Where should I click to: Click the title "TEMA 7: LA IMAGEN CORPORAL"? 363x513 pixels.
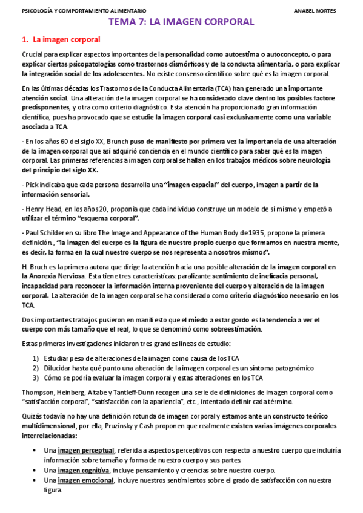coord(181,22)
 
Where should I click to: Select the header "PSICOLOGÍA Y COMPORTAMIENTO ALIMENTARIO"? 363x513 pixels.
coord(84,10)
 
